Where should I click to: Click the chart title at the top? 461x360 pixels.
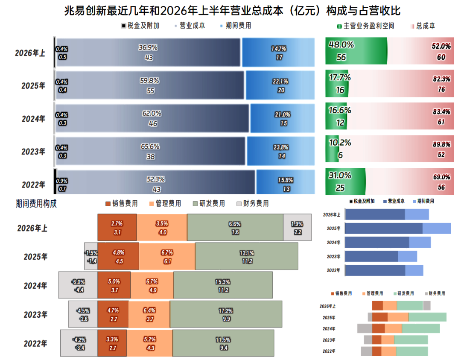(x=232, y=11)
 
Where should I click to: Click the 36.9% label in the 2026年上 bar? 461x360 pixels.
(x=148, y=47)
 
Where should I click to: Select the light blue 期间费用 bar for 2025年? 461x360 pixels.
(x=280, y=85)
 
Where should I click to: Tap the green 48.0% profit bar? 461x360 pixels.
(x=356, y=51)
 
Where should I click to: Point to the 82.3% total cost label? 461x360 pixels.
(x=441, y=79)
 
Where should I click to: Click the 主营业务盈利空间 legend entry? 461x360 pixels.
(x=365, y=26)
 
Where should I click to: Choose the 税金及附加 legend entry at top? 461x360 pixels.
(x=140, y=26)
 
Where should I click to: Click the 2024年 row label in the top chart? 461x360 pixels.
(x=34, y=119)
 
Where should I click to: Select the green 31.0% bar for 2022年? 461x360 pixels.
(x=345, y=181)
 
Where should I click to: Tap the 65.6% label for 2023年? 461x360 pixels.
(x=150, y=146)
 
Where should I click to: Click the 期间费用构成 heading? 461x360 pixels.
(x=36, y=204)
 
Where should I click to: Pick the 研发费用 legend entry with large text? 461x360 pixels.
(x=209, y=204)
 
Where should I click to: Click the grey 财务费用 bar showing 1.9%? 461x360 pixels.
(x=297, y=227)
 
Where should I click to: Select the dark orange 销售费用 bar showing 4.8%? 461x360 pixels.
(x=118, y=256)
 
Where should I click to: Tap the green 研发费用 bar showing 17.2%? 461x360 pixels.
(x=226, y=314)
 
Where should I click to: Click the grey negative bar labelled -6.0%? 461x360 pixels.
(x=78, y=285)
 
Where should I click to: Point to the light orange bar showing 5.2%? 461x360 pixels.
(x=150, y=343)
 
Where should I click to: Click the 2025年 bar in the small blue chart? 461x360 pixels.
(x=398, y=228)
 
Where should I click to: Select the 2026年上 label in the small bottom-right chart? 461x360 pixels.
(x=327, y=306)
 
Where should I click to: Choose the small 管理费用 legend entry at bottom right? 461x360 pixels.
(x=373, y=293)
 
